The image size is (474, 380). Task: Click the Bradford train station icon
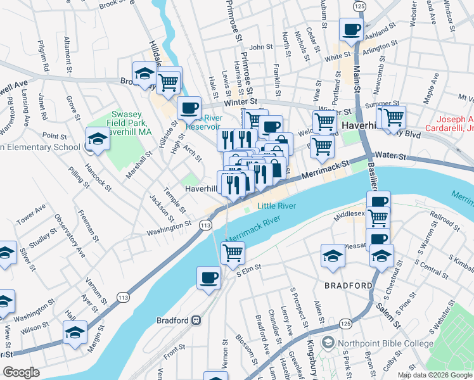197,319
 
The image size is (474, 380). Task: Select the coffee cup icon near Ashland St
351,29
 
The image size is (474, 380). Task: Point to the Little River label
276,206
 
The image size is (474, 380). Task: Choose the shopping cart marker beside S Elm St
233,252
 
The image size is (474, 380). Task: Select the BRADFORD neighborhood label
348,286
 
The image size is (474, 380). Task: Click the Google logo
22,372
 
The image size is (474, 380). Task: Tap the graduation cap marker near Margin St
75,332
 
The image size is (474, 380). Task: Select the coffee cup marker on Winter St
189,108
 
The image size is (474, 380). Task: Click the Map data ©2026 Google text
434,374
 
